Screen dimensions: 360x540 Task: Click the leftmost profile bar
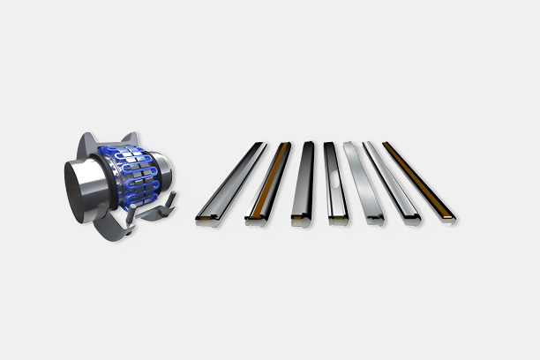pyautogui.click(x=231, y=180)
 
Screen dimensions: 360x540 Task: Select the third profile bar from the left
pyautogui.click(x=304, y=181)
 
